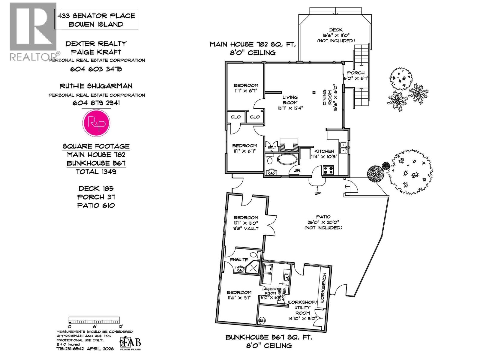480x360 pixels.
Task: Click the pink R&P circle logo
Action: pyautogui.click(x=96, y=123)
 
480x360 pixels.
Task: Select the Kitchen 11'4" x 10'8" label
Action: pyautogui.click(x=324, y=154)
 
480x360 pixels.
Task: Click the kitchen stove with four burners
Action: pyautogui.click(x=328, y=170)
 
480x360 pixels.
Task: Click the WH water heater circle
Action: pyautogui.click(x=262, y=320)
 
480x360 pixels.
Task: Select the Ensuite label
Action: pyautogui.click(x=239, y=259)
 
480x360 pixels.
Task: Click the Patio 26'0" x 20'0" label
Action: pyautogui.click(x=323, y=222)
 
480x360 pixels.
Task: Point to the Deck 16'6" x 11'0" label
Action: pyautogui.click(x=336, y=35)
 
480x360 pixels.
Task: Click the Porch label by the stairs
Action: pyautogui.click(x=355, y=75)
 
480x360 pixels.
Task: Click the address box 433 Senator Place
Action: pyautogui.click(x=96, y=20)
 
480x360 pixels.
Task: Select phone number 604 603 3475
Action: pyautogui.click(x=96, y=69)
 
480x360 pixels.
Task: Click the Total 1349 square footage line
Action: pyautogui.click(x=96, y=172)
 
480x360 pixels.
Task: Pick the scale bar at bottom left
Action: pyautogui.click(x=94, y=320)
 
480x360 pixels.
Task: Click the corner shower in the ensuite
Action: pyautogui.click(x=253, y=268)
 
